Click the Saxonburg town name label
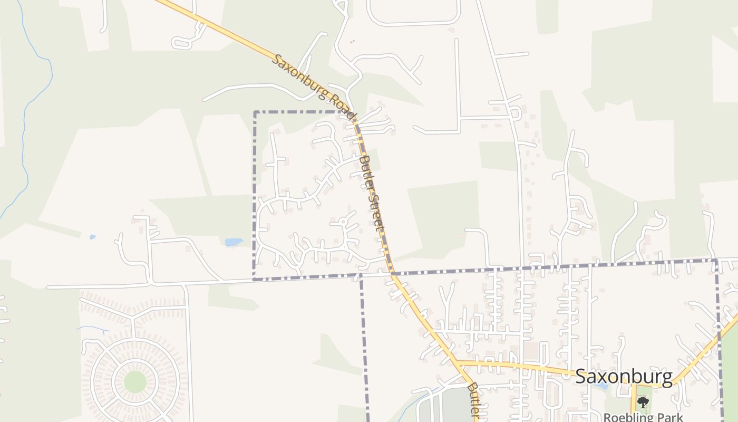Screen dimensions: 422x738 pyautogui.click(x=624, y=377)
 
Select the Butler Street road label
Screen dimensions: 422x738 pyautogui.click(x=371, y=193)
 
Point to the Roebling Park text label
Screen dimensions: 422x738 pyautogui.click(x=644, y=417)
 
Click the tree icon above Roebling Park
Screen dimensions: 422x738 pyautogui.click(x=643, y=402)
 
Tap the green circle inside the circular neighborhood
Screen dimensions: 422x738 pyautogui.click(x=135, y=381)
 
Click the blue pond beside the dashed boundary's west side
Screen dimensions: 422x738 pyautogui.click(x=234, y=242)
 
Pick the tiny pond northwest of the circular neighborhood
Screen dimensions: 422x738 pyautogui.click(x=93, y=237)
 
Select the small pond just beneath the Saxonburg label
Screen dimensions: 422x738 pyautogui.click(x=600, y=385)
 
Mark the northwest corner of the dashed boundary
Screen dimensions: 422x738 pyautogui.click(x=255, y=112)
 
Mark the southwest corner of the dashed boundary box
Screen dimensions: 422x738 pyautogui.click(x=254, y=279)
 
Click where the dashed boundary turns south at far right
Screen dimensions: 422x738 pyautogui.click(x=716, y=260)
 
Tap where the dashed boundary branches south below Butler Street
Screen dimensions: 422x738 pyautogui.click(x=361, y=275)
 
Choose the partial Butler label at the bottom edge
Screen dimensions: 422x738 pyautogui.click(x=473, y=401)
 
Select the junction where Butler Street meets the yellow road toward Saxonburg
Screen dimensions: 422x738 pyautogui.click(x=457, y=363)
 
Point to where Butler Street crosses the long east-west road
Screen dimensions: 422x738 pyautogui.click(x=393, y=273)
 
